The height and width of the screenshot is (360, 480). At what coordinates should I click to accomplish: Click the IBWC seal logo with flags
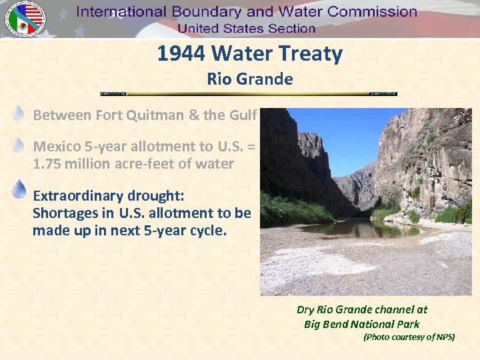click(25, 19)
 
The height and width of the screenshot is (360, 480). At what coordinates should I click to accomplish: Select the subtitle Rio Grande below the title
click(250, 79)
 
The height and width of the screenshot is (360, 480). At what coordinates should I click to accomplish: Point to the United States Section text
click(246, 28)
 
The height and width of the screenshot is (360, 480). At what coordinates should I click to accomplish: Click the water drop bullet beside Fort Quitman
click(19, 114)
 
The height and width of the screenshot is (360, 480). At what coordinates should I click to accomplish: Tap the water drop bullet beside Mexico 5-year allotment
click(19, 145)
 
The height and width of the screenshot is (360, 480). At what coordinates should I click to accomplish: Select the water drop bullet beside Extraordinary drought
click(19, 189)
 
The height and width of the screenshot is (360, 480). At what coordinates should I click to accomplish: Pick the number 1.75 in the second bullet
click(49, 164)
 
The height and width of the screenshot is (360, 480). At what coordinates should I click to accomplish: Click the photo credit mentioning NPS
click(409, 337)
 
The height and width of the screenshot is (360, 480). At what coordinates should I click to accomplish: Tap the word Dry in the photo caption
click(305, 309)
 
